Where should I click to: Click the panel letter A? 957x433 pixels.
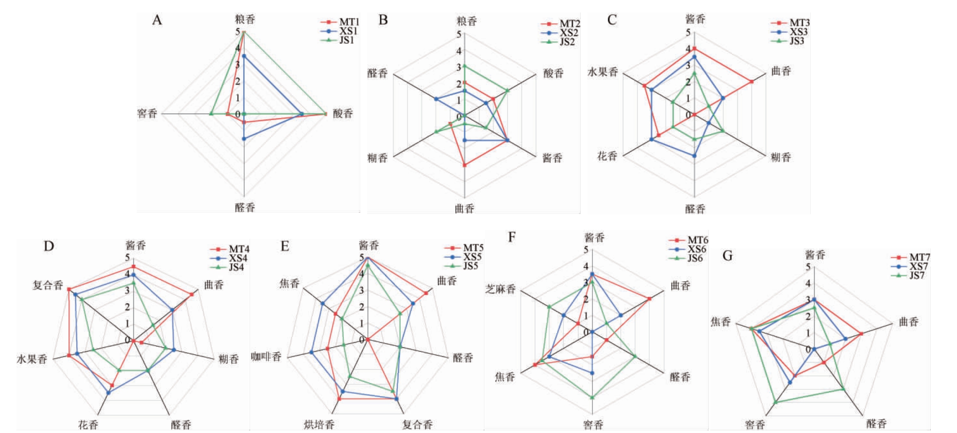point(157,20)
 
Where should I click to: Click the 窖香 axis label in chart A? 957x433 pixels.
point(147,114)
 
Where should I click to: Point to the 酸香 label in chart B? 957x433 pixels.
point(553,74)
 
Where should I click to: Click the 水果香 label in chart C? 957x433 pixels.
point(603,72)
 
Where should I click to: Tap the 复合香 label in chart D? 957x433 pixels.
point(48,285)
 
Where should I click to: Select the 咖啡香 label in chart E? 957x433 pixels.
point(266,357)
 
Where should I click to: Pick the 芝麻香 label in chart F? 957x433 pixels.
point(500,289)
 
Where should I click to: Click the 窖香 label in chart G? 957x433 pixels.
point(755,425)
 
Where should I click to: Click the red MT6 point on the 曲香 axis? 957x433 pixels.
point(649,299)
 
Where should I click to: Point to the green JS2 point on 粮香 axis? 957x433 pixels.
point(464,66)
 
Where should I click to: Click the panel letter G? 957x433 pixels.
point(727,256)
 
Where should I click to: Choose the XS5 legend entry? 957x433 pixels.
point(472,257)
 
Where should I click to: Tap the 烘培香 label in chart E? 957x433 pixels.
point(319,425)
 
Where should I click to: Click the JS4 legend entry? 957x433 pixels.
point(238,267)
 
